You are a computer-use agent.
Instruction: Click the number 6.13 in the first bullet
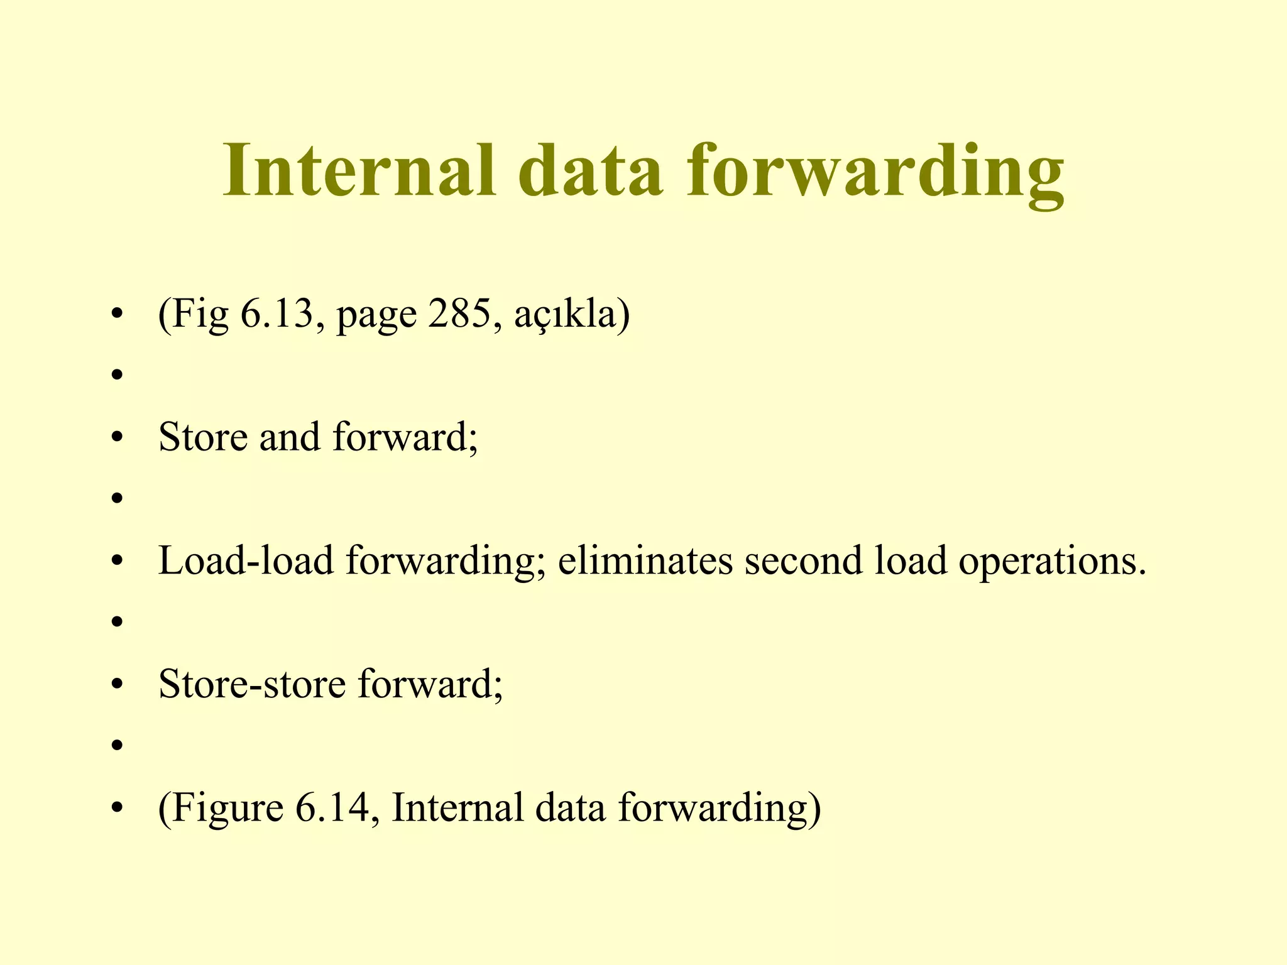[x=277, y=313]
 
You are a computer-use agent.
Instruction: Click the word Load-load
[x=246, y=560]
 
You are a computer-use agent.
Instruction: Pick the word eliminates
[x=645, y=560]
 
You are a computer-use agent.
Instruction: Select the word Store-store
[x=252, y=684]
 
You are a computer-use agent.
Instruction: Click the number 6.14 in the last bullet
[x=331, y=807]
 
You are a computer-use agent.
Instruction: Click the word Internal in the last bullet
[x=457, y=807]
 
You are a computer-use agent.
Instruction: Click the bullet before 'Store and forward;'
[x=116, y=439]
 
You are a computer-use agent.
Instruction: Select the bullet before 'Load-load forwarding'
[x=116, y=562]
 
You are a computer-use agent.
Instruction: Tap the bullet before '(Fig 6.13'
[x=116, y=315]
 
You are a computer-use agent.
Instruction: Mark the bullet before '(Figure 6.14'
[x=116, y=809]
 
